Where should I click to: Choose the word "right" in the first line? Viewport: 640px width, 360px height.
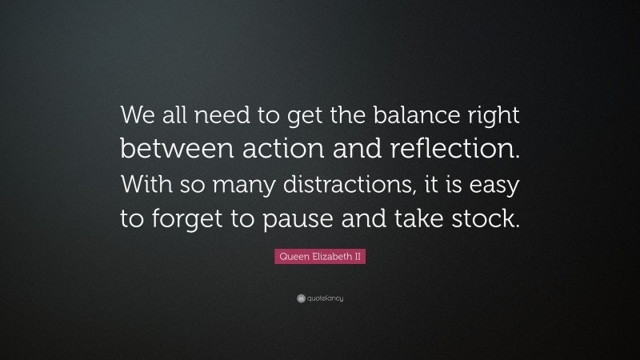[494, 118]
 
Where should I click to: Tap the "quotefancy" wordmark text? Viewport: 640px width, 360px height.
[325, 298]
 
